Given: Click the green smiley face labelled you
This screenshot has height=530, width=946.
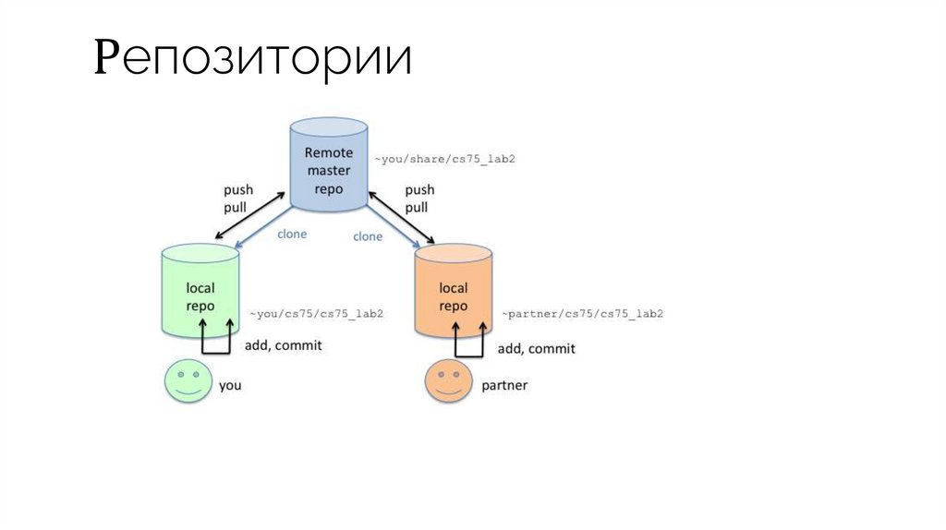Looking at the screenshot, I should [x=188, y=382].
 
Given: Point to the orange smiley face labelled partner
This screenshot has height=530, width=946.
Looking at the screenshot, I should [x=448, y=382].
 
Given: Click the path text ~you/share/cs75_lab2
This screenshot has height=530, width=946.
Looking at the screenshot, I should [x=443, y=159].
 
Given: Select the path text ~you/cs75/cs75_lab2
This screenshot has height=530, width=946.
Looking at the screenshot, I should [x=314, y=314].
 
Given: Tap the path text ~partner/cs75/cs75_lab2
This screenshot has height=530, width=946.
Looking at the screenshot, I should [x=582, y=314].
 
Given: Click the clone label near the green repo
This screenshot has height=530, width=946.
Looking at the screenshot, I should [x=292, y=234].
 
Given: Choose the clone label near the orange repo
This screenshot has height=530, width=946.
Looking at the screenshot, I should [x=367, y=236].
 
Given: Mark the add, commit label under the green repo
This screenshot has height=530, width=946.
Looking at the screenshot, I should [x=283, y=346].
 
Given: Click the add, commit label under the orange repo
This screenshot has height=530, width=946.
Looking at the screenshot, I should [x=536, y=348].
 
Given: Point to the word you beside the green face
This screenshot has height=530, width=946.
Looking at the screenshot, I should [x=230, y=384].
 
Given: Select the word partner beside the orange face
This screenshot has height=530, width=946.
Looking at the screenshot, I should [x=504, y=384].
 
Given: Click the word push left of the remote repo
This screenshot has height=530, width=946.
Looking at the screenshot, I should [x=238, y=190].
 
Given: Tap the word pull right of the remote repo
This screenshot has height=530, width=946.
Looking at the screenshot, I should [x=417, y=207].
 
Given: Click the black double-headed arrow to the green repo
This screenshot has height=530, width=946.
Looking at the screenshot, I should [x=247, y=215].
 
